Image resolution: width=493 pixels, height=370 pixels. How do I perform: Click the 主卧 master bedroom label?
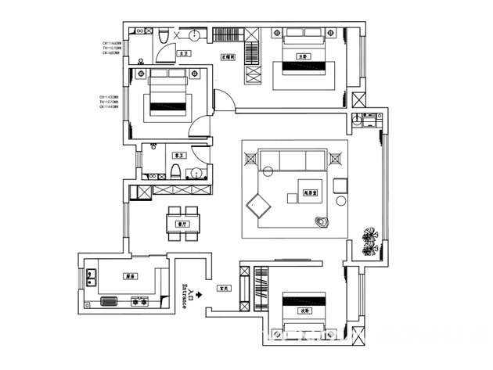pyautogui.click(x=302, y=56)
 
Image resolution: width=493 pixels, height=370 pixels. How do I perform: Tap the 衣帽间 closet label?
pyautogui.click(x=228, y=56)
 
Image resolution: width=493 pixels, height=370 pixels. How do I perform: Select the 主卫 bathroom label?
pyautogui.click(x=184, y=54)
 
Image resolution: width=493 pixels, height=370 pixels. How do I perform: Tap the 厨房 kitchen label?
pyautogui.click(x=128, y=276)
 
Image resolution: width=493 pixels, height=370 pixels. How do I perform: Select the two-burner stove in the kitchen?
pyautogui.click(x=141, y=300)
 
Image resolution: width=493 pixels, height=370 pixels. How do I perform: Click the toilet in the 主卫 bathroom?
pyautogui.click(x=162, y=38)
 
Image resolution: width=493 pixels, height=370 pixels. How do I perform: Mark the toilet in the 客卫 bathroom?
pyautogui.click(x=177, y=172)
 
